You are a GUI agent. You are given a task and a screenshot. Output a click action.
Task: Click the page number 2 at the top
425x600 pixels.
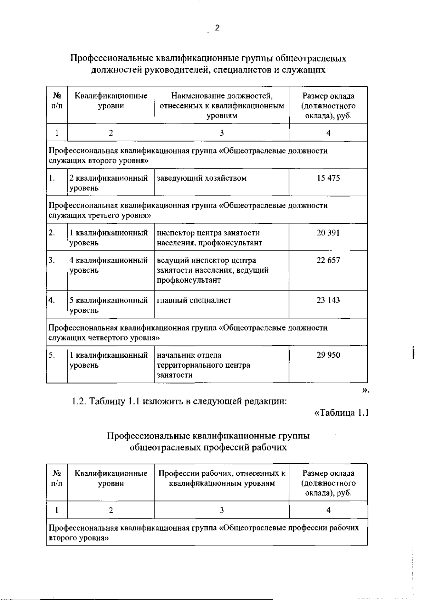pos(217,28)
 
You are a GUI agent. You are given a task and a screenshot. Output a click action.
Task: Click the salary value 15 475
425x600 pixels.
pos(328,178)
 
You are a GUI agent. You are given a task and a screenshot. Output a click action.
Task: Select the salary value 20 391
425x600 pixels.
pos(328,233)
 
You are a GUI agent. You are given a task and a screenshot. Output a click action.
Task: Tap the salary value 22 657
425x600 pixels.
pos(328,260)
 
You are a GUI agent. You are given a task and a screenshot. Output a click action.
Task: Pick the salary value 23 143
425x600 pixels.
pos(328,300)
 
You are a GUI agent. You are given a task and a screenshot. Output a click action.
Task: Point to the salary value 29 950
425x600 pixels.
pos(328,355)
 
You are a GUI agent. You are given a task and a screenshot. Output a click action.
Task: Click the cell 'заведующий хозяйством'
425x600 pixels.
pos(202,178)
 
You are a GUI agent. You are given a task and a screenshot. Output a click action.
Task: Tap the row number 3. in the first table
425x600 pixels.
pos(52,260)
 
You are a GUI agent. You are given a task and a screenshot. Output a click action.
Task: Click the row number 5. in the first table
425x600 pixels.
pos(52,355)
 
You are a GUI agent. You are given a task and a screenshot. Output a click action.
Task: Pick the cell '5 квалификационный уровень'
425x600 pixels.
pos(108,305)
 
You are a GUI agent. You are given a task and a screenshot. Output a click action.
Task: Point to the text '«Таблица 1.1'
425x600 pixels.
pos(342,413)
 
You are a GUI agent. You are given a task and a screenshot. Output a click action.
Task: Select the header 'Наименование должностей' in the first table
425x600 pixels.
pos(222,96)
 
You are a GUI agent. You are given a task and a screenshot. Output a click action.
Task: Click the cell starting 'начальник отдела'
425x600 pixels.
pos(203,365)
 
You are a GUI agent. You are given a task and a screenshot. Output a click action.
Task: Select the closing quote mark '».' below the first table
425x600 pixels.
pos(365,390)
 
